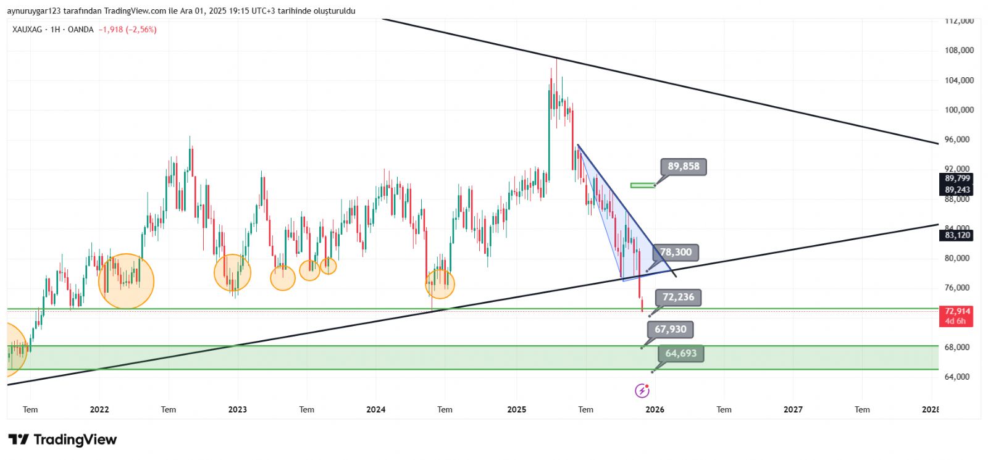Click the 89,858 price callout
pos(684,167)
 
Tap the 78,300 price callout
pos(676,252)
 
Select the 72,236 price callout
pos(678,297)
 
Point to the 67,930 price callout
pos(670,329)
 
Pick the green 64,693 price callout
pos(680,353)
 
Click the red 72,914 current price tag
pos(957,311)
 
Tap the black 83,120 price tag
pos(957,235)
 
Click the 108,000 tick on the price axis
pos(959,51)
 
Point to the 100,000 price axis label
pos(959,110)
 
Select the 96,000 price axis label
pos(959,140)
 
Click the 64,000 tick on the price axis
pos(959,377)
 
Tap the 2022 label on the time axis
pos(99,409)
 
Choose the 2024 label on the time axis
pos(375,409)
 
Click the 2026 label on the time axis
pos(655,409)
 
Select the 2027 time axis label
pos(793,409)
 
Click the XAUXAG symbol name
pos(27,30)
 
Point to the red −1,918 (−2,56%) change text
pos(127,30)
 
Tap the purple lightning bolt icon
pos(642,390)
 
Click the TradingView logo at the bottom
pos(62,440)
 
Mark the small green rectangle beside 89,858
pos(642,185)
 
